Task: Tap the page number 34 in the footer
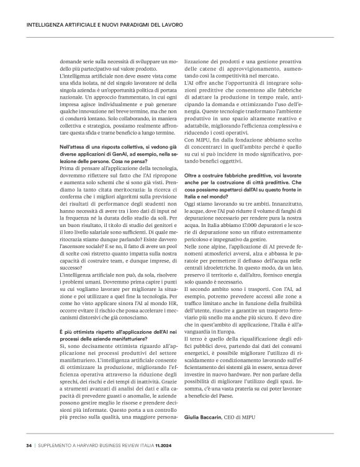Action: (x=29, y=445)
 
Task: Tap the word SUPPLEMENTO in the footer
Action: (x=58, y=445)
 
